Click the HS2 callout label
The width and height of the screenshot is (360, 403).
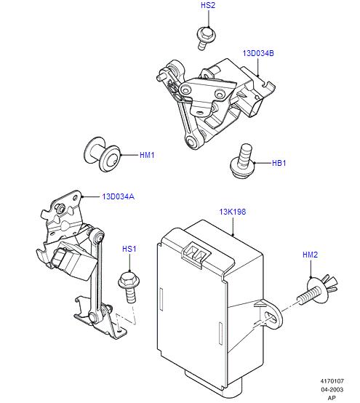208,5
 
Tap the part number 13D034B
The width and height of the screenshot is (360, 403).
258,53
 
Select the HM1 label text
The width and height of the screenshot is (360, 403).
147,155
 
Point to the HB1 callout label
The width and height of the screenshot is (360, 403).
279,163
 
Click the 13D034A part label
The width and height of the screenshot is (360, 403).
119,196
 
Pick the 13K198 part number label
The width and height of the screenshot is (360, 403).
233,212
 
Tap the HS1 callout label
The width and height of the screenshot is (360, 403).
129,249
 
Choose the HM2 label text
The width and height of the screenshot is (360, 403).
310,255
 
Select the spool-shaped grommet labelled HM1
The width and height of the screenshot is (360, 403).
103,154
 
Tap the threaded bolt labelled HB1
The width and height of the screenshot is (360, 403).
242,160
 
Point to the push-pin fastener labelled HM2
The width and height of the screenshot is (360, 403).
318,290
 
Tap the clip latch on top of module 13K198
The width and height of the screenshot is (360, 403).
196,253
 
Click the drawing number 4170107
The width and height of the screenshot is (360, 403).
332,381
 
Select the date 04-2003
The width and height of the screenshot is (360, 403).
332,389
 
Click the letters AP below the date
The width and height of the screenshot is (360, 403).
332,398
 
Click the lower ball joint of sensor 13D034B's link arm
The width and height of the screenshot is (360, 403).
192,142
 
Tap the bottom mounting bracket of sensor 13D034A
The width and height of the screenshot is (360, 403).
102,321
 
